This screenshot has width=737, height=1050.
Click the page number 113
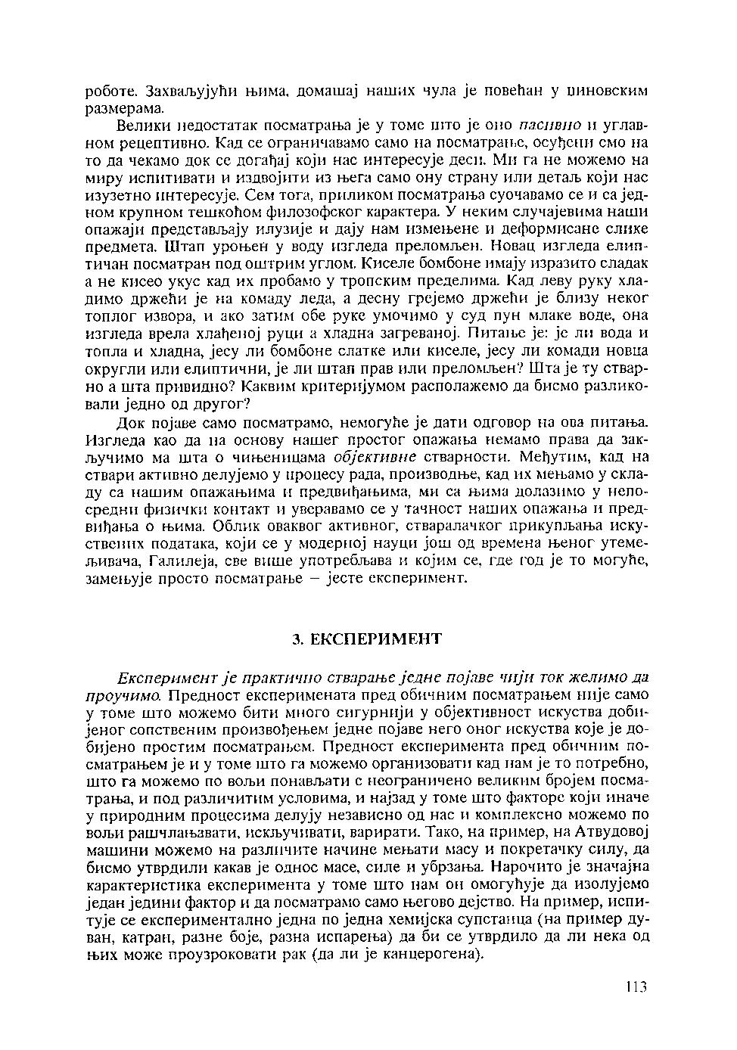pyautogui.click(x=636, y=987)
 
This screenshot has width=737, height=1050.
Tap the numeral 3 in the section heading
pyautogui.click(x=297, y=639)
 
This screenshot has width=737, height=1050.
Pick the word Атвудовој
pyautogui.click(x=611, y=831)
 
